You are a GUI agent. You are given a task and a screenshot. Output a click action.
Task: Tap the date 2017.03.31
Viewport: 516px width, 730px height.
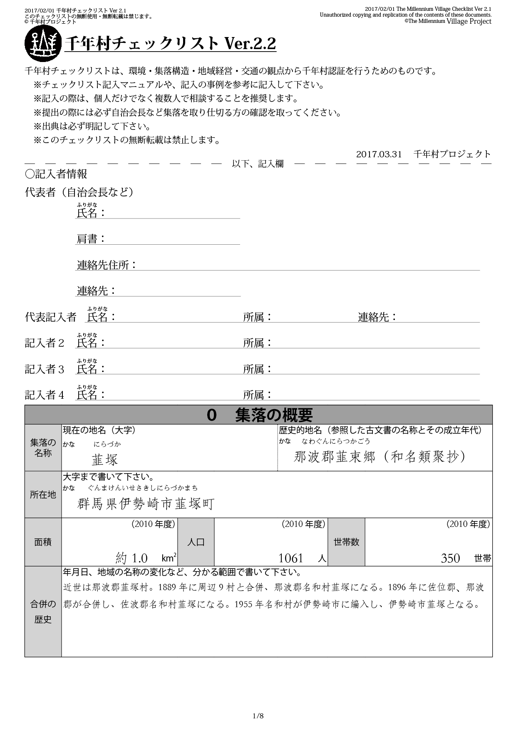[379, 154]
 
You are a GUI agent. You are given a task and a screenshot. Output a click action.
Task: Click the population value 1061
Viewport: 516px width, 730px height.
[290, 558]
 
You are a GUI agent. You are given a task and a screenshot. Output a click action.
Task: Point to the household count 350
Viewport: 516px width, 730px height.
[450, 558]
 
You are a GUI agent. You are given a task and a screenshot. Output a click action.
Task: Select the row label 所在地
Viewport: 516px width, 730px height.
[43, 494]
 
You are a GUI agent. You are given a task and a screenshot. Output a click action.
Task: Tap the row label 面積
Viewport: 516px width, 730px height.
[43, 542]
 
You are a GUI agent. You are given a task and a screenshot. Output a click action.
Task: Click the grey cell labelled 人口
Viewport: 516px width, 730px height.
[196, 542]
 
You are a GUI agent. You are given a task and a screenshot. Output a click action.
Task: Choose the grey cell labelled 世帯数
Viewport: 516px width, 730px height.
[346, 542]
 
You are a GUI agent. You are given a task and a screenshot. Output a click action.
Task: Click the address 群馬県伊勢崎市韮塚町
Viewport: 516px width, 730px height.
[146, 504]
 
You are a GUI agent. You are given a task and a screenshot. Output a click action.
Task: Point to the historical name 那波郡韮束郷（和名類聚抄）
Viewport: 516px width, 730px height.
[380, 457]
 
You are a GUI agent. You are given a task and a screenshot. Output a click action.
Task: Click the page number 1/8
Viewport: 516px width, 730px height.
[258, 716]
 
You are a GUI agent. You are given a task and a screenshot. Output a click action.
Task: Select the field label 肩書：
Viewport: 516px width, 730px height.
[91, 239]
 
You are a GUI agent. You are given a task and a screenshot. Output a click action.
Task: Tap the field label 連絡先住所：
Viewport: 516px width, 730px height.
[107, 265]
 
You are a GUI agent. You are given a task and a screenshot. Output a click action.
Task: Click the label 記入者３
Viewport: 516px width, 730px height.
[45, 369]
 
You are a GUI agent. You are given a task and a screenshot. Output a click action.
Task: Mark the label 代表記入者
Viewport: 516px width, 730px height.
[50, 317]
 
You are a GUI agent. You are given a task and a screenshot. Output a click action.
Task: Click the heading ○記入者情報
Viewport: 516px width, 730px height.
[56, 174]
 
